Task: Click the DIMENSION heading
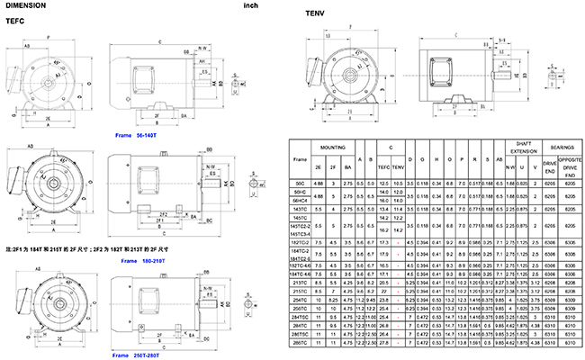(x=26, y=5)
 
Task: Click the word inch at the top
(x=252, y=5)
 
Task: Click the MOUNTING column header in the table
(x=336, y=145)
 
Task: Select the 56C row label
(x=301, y=183)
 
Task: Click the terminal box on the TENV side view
(x=443, y=67)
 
